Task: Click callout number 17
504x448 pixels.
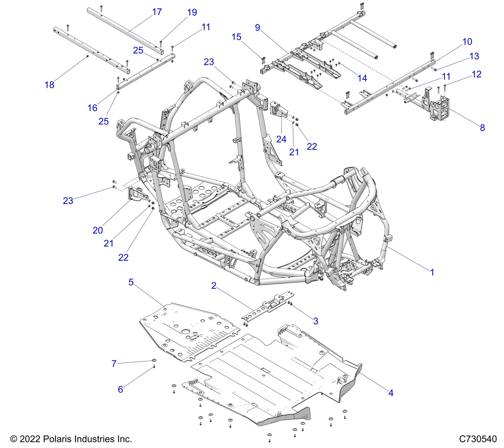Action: (157, 12)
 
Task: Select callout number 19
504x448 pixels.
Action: (192, 12)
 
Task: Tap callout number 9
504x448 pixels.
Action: (258, 27)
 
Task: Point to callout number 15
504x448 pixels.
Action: (236, 37)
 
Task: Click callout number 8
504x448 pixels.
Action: (482, 128)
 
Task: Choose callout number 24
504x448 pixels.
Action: (281, 139)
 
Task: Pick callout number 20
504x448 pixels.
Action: (98, 230)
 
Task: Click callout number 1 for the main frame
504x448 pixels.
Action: (432, 272)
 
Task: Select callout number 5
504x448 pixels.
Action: (131, 282)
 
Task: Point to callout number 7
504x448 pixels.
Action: (114, 364)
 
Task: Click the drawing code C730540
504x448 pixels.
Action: (478, 439)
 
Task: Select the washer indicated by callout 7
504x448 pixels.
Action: (154, 360)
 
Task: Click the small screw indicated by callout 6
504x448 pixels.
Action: (154, 367)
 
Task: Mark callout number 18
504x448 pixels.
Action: (49, 85)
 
